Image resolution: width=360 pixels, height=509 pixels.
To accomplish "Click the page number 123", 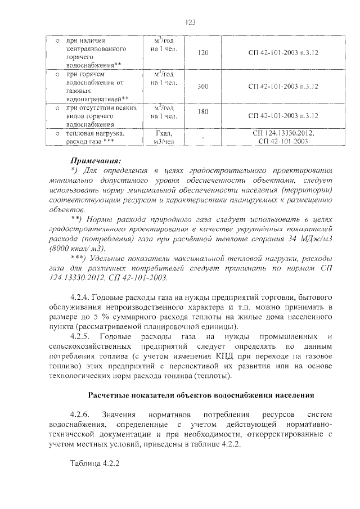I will pyautogui.click(x=190, y=22).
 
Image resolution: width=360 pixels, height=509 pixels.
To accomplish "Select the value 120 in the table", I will pyautogui.click(x=204, y=53).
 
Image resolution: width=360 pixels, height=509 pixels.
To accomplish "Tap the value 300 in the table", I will pyautogui.click(x=204, y=86).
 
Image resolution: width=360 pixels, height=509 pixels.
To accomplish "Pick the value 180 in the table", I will pyautogui.click(x=204, y=111).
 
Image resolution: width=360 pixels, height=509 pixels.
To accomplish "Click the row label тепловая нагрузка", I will pyautogui.click(x=95, y=134).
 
